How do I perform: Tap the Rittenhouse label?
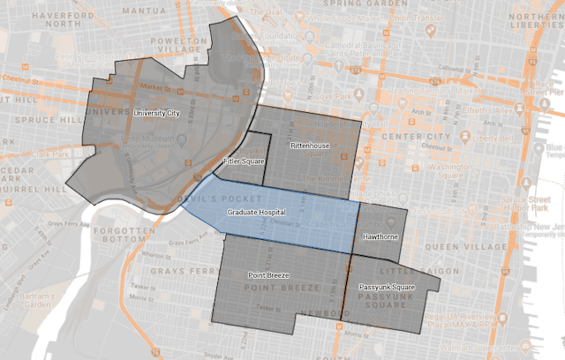309,144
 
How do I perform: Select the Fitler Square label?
243,161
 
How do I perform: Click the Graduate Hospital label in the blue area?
255,214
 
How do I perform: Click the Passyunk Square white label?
386,288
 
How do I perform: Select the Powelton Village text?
185,45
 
